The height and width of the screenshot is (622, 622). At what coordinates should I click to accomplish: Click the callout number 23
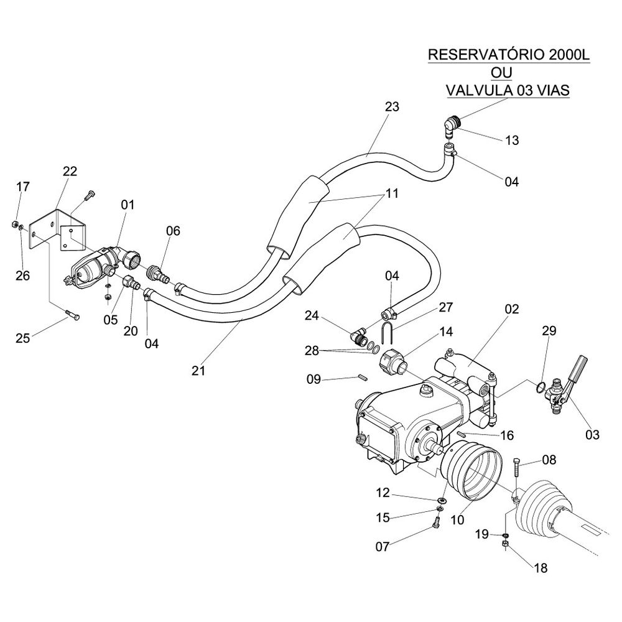tap(392, 106)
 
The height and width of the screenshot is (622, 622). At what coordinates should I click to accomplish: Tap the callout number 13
tap(512, 141)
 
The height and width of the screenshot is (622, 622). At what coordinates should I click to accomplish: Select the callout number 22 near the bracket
tap(70, 172)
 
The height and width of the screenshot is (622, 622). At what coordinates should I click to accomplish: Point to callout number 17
tap(23, 186)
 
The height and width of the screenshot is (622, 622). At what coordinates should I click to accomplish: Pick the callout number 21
tap(198, 371)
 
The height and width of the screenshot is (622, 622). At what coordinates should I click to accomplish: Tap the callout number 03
tap(592, 435)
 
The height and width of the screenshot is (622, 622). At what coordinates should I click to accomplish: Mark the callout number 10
tap(457, 519)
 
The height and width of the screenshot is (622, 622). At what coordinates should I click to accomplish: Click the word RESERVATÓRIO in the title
tap(486, 55)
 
